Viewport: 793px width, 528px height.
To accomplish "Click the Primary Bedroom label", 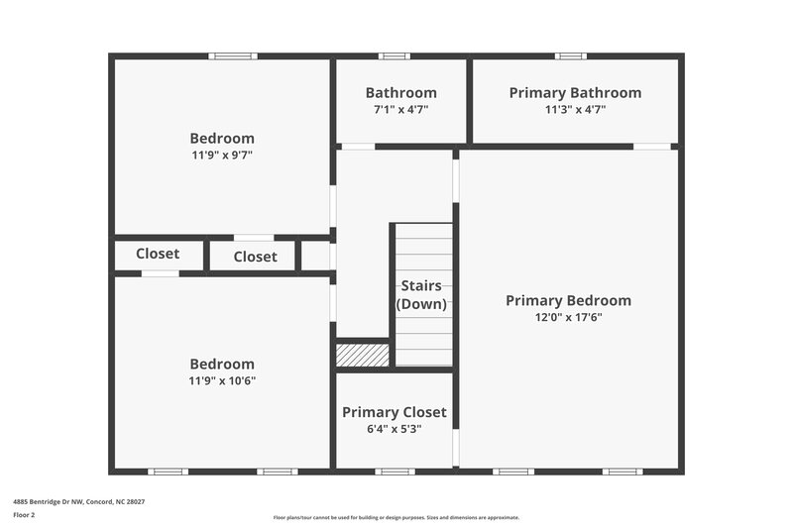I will pyautogui.click(x=568, y=301).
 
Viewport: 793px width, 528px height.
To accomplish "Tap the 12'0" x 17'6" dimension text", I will pyautogui.click(x=568, y=318).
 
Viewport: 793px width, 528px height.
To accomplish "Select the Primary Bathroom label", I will pyautogui.click(x=575, y=93).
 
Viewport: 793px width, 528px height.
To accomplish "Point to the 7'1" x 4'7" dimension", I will pyautogui.click(x=400, y=110).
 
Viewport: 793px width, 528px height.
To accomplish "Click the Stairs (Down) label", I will pyautogui.click(x=421, y=295).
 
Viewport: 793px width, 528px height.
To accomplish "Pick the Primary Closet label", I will pyautogui.click(x=394, y=412).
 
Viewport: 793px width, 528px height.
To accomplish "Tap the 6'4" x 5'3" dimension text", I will pyautogui.click(x=394, y=429).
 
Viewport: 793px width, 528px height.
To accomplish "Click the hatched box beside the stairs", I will pyautogui.click(x=362, y=354).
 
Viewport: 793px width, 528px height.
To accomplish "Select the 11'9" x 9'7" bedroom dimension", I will pyautogui.click(x=222, y=156).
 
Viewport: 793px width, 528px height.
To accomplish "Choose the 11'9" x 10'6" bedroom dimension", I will pyautogui.click(x=222, y=380).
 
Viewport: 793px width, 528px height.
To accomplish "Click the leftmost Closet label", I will pyautogui.click(x=158, y=255).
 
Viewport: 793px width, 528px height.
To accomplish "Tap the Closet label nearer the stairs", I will pyautogui.click(x=255, y=258).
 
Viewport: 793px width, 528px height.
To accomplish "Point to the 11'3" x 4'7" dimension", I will pyautogui.click(x=575, y=110).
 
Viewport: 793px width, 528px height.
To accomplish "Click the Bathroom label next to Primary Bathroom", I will pyautogui.click(x=400, y=93).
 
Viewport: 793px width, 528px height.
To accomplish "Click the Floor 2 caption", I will pyautogui.click(x=24, y=515).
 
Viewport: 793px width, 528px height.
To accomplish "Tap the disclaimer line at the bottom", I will pyautogui.click(x=396, y=517).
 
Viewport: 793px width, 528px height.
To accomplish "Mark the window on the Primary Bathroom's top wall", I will pyautogui.click(x=570, y=56).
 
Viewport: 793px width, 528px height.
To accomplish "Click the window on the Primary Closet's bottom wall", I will pyautogui.click(x=395, y=472).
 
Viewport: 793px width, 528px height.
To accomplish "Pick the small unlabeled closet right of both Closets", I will pyautogui.click(x=315, y=256).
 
